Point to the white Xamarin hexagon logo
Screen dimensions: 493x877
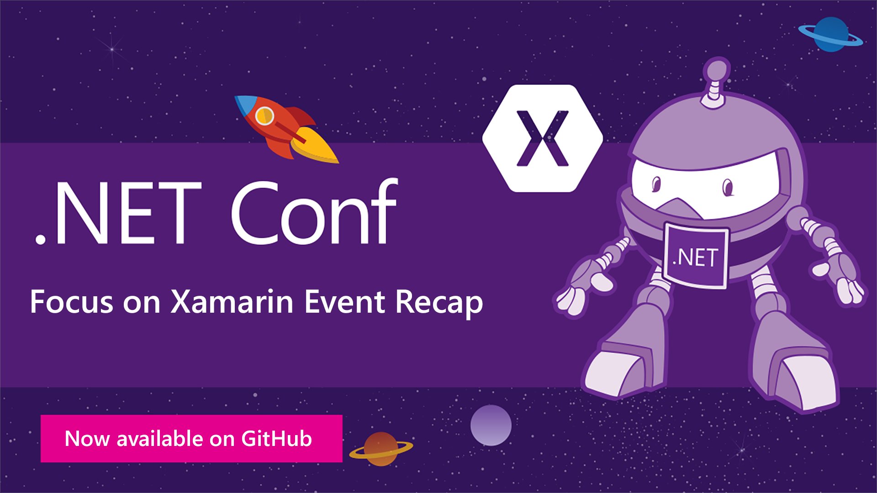pos(543,138)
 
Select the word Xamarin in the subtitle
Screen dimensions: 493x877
pos(232,302)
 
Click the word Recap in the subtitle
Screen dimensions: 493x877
pos(439,303)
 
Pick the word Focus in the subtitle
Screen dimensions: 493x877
pos(71,302)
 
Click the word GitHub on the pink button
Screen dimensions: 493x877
pos(276,439)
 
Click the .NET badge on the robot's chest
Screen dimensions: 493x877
pos(695,256)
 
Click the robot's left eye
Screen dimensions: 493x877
pos(656,184)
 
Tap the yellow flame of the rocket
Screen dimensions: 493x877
pos(315,148)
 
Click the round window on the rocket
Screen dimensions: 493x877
pos(264,116)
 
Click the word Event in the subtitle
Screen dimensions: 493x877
pos(344,302)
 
